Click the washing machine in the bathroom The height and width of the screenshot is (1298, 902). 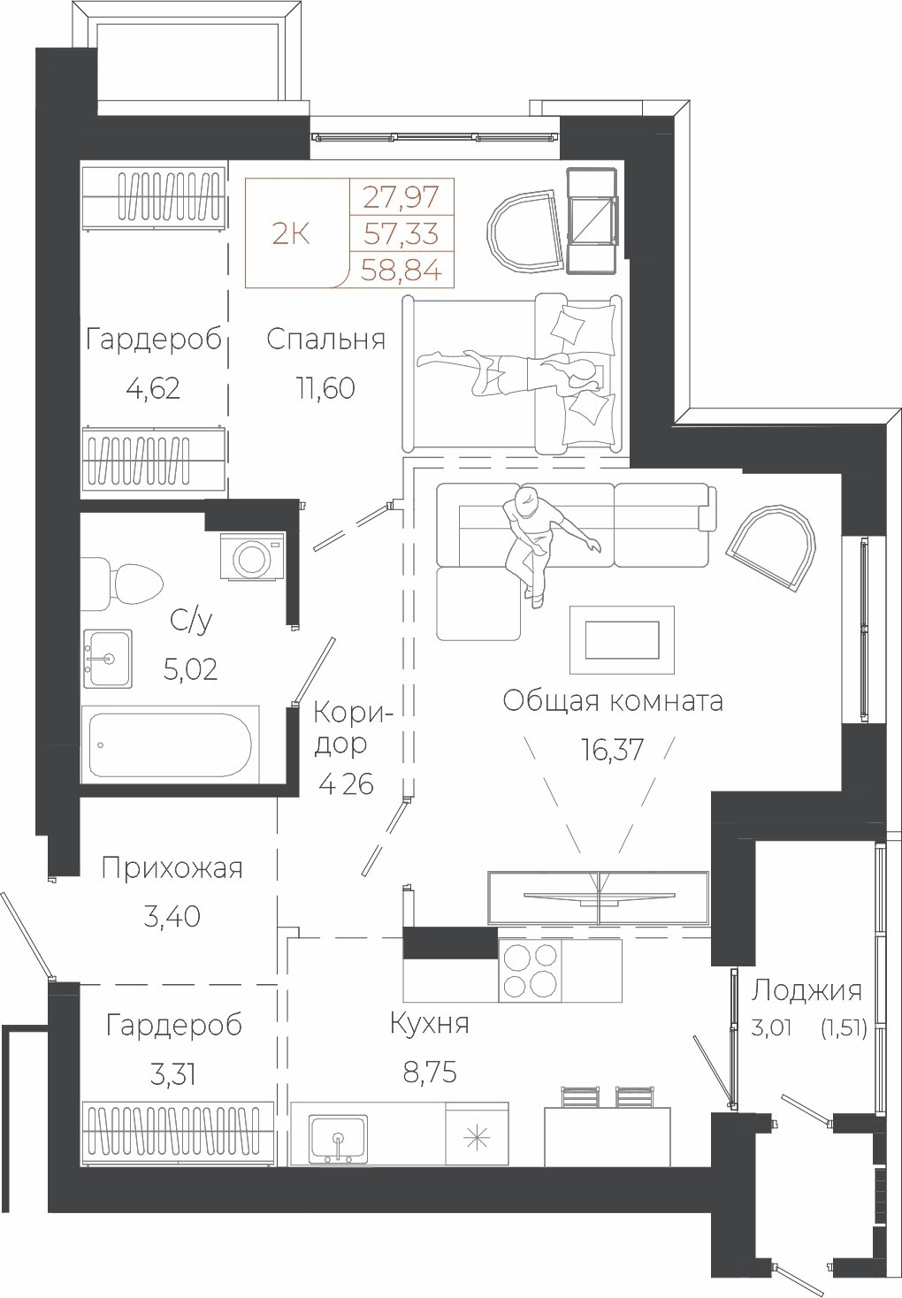[253, 555]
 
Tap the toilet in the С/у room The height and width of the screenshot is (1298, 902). [122, 584]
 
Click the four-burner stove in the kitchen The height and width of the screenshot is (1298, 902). [530, 970]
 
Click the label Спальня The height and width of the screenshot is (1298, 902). [325, 340]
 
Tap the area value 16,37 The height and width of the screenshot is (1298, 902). [612, 750]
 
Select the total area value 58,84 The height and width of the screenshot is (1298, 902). [401, 270]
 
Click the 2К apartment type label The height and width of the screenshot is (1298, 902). [291, 234]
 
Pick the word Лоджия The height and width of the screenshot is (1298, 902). [806, 991]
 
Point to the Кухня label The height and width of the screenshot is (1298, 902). [429, 1024]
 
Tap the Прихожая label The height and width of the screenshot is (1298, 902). [172, 868]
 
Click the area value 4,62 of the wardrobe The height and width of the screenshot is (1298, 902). [153, 388]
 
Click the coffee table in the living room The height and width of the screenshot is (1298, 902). [622, 640]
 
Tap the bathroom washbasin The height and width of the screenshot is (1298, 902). [108, 659]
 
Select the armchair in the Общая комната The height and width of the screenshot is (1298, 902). [772, 547]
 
